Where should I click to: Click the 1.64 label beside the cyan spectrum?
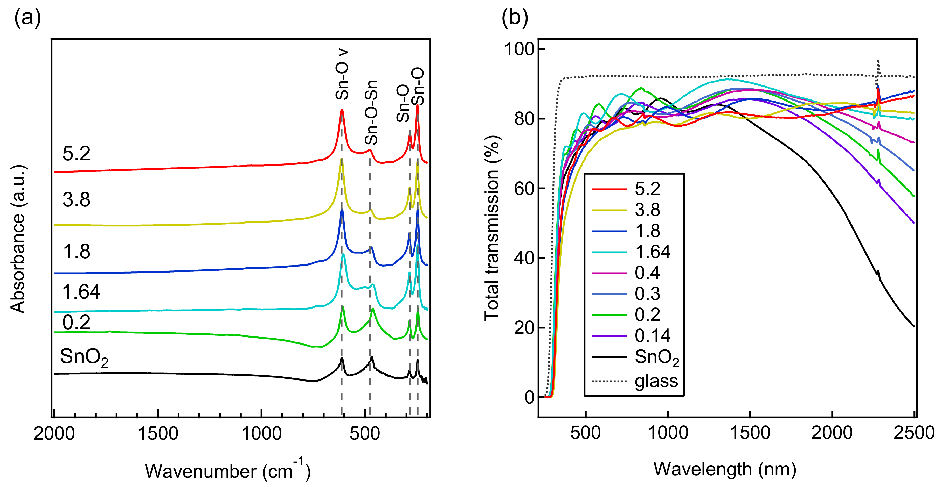[x=81, y=292]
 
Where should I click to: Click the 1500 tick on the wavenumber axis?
[x=158, y=434]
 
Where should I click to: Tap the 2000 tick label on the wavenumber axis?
[x=54, y=434]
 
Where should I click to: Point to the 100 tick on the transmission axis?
[x=519, y=49]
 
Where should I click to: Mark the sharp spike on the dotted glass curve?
[x=878, y=62]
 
